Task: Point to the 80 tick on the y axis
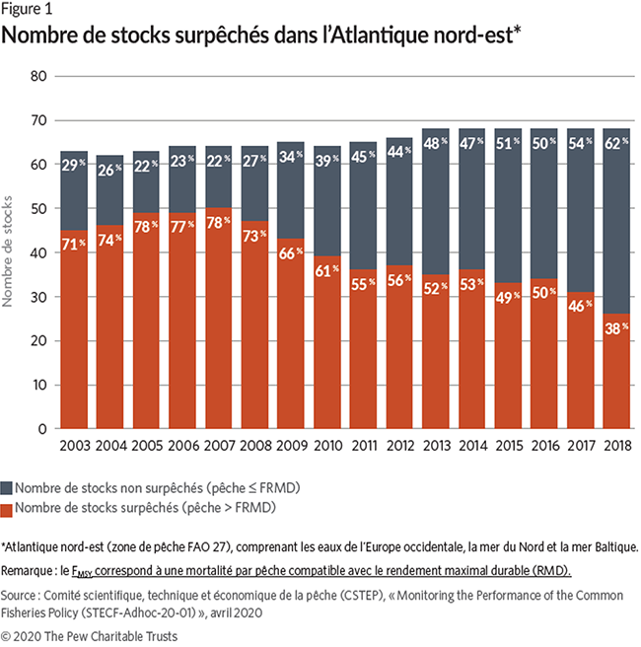tap(38, 76)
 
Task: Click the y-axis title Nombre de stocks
tap(11, 252)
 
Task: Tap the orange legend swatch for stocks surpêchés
tap(10, 507)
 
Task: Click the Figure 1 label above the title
tap(27, 10)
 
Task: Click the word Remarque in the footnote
tap(31, 571)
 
